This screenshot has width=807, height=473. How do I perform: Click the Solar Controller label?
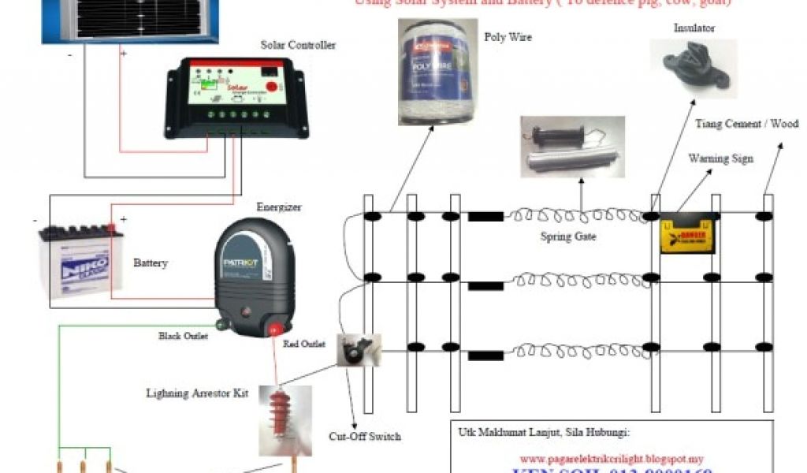[298, 45]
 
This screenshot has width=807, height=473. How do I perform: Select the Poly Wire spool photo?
[437, 73]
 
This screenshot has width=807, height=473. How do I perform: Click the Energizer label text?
[279, 207]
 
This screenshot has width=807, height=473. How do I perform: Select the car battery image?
[81, 259]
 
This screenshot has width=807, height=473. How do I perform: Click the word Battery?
[150, 263]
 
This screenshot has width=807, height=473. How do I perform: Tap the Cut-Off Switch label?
[364, 436]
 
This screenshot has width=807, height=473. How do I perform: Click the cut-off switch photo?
[359, 350]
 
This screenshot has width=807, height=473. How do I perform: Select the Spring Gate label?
[568, 236]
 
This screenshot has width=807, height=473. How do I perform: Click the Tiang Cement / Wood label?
[746, 124]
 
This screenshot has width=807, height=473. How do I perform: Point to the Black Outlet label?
[183, 337]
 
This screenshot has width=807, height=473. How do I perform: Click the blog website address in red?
[611, 458]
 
